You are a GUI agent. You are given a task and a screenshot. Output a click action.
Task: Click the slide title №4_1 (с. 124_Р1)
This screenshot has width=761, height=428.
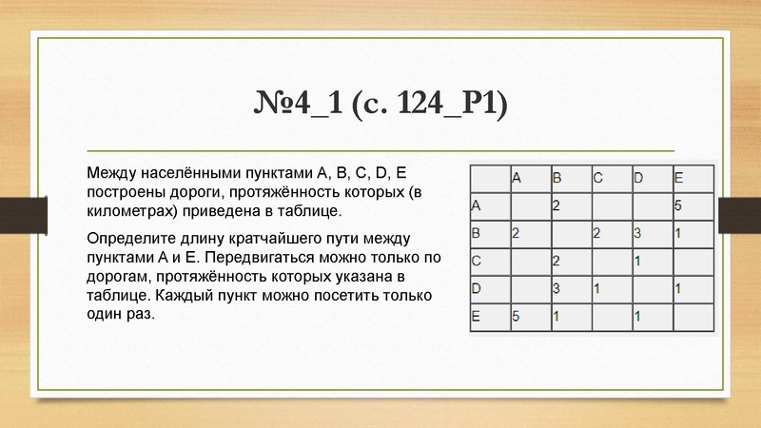(380, 103)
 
